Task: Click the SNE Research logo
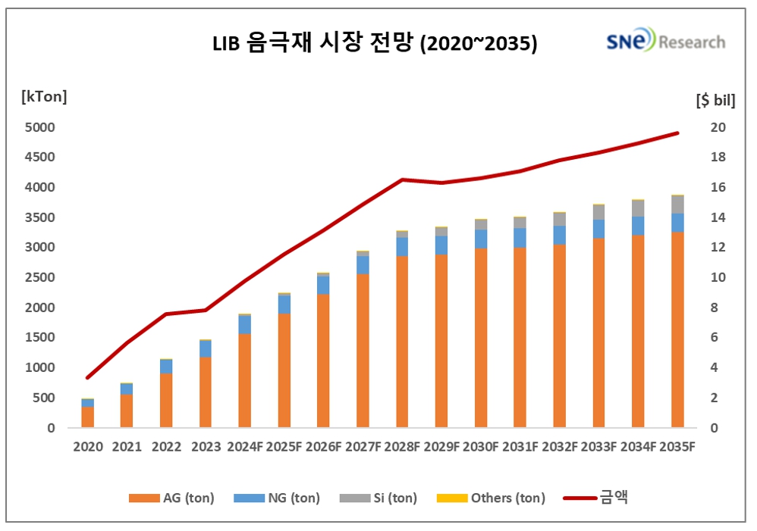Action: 664,42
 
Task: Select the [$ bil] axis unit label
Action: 715,99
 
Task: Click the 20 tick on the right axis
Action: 717,127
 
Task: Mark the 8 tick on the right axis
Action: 713,308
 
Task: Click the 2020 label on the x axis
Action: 88,447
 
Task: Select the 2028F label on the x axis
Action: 402,447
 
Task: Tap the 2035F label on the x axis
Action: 677,447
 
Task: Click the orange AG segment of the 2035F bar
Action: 677,330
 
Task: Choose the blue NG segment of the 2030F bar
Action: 481,239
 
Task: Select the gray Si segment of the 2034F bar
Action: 638,208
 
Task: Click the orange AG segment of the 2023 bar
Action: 206,392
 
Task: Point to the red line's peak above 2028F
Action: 402,180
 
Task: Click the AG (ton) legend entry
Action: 171,498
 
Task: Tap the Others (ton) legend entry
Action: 491,498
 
